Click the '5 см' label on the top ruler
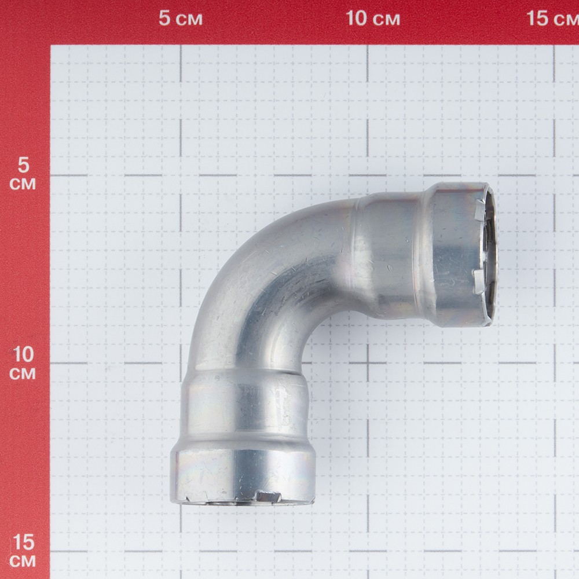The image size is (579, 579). [x=181, y=19]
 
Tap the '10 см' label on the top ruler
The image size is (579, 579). [x=373, y=19]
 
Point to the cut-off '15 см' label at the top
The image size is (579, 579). [x=552, y=19]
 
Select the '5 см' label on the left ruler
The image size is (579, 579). [x=23, y=174]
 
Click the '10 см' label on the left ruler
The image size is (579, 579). [x=23, y=364]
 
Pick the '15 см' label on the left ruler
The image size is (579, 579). [x=23, y=552]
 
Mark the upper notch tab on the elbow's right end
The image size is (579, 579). [x=480, y=208]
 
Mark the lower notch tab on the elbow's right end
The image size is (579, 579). [x=479, y=281]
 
